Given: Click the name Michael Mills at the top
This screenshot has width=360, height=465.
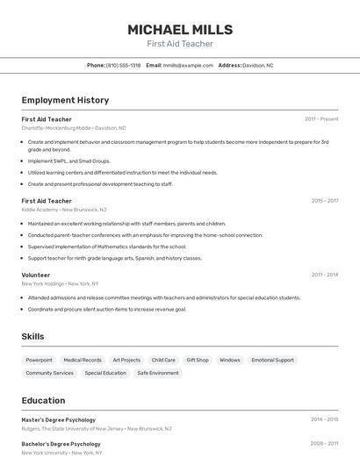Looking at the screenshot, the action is click(x=179, y=29).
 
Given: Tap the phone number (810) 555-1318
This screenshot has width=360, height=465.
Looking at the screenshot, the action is click(x=123, y=65).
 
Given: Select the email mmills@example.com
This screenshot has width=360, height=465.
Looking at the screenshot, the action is click(x=188, y=65).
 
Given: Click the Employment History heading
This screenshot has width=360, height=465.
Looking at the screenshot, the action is click(x=65, y=100).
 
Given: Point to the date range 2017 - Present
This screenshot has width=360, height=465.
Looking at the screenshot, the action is click(x=321, y=118).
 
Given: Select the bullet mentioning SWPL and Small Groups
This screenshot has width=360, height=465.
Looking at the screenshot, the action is click(x=69, y=161).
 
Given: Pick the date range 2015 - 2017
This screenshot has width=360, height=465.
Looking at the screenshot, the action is click(x=324, y=201).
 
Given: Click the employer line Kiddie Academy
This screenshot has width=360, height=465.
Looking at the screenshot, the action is click(x=64, y=211).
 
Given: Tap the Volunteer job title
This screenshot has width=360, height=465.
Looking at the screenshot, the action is click(x=36, y=275).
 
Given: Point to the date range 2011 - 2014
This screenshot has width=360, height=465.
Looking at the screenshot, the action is click(x=324, y=275).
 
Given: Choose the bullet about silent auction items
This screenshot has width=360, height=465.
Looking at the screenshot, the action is click(x=107, y=309).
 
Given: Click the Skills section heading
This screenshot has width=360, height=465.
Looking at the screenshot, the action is click(x=32, y=336).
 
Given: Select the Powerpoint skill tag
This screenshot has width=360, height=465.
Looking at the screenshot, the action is click(x=39, y=360).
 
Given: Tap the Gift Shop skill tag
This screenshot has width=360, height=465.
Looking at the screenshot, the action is click(x=198, y=360).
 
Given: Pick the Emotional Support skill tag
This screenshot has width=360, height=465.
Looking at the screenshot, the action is click(x=272, y=360).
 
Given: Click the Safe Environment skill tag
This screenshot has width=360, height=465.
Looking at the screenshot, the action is click(x=158, y=373).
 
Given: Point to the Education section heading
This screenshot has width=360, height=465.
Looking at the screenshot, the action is click(x=43, y=399).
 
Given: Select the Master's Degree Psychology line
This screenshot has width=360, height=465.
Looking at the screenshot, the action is click(x=59, y=419).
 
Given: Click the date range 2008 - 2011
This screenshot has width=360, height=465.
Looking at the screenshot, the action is click(x=324, y=444).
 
